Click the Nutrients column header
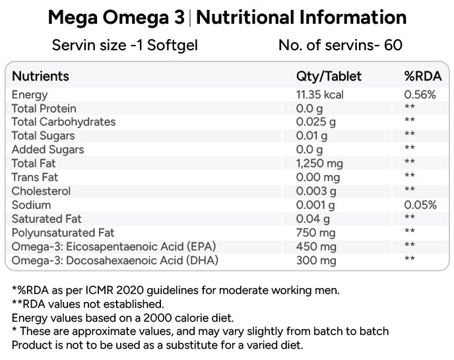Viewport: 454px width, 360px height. pos(40,76)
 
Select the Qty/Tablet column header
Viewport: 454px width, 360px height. pos(329,77)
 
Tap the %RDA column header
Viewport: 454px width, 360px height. pos(423,76)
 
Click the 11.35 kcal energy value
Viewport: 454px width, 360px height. pos(319,94)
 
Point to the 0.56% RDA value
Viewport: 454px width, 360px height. pos(420,94)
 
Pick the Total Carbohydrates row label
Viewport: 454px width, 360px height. pos(63,122)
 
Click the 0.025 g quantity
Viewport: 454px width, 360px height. pos(315,122)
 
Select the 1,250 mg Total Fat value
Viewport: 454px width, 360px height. pos(319,163)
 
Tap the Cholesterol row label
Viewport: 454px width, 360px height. pos(41,192)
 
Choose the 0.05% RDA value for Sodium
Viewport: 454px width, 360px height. pos(420,205)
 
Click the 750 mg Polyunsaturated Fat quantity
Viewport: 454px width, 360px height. pos(315,233)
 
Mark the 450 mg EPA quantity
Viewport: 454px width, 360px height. pos(316,246)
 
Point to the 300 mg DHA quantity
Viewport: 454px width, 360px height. pos(316,260)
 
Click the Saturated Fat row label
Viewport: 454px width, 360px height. pos(47,219)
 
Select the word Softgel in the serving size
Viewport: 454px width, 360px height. pos(172,46)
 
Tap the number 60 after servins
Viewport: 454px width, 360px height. pos(393,45)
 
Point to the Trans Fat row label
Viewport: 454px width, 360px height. pos(35,178)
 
